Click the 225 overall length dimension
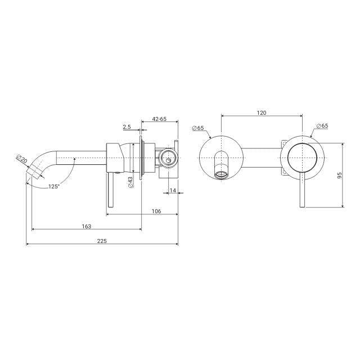(x=102, y=240)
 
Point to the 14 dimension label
(x=173, y=191)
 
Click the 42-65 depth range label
(x=159, y=119)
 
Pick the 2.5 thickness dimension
(x=127, y=127)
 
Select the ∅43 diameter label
(x=130, y=182)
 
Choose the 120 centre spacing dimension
(x=262, y=112)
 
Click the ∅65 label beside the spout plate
(x=197, y=128)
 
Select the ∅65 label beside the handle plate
(x=322, y=126)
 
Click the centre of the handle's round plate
(x=303, y=159)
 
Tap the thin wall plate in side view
(x=141, y=157)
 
